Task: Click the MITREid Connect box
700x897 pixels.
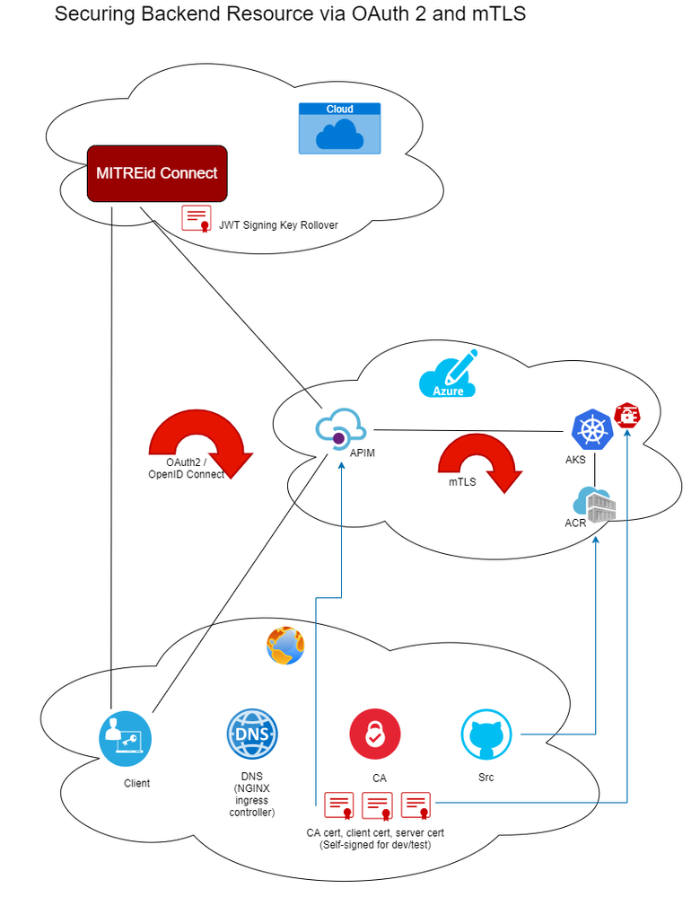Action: click(157, 173)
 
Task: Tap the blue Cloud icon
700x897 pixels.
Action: click(340, 128)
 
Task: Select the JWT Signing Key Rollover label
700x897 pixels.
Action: click(278, 225)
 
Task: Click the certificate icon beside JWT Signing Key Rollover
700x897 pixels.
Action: click(197, 219)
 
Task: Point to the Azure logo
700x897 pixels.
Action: click(449, 374)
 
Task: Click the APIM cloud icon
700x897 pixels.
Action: click(341, 427)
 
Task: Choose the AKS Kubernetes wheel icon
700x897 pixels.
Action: click(592, 429)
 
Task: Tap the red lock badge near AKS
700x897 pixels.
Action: click(627, 416)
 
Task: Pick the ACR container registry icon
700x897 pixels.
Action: click(594, 505)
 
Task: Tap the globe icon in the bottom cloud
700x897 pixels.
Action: click(285, 646)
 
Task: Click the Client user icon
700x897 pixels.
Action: click(126, 739)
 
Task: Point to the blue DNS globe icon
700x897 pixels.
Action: click(252, 734)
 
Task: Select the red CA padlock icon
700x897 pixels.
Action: click(375, 734)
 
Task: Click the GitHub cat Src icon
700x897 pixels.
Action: click(486, 734)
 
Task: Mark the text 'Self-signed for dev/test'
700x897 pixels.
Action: click(375, 845)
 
